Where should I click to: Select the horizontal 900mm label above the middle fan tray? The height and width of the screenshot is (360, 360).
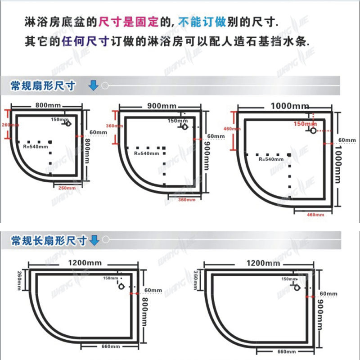(161, 106)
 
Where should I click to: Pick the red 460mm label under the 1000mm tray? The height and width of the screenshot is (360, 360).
(315, 215)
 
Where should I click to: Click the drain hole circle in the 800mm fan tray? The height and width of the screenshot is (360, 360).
(68, 123)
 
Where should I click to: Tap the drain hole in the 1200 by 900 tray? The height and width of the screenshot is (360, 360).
(297, 286)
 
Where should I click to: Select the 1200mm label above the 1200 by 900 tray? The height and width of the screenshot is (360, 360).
(263, 262)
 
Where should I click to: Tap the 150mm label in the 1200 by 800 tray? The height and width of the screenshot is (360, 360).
(110, 278)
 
